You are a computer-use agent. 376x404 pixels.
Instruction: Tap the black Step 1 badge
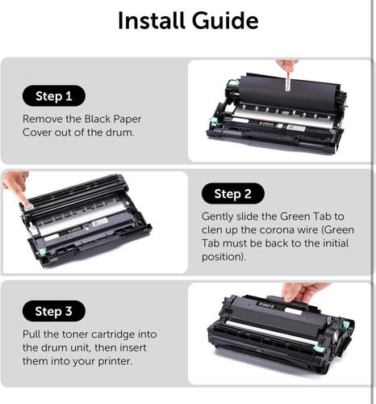pyautogui.click(x=54, y=97)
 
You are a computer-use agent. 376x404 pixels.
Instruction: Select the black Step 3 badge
pyautogui.click(x=54, y=311)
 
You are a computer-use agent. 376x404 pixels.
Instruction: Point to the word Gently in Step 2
pyautogui.click(x=219, y=217)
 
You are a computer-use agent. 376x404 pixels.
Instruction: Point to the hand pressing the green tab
pyautogui.click(x=16, y=187)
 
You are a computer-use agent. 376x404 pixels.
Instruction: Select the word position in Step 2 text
pyautogui.click(x=223, y=258)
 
